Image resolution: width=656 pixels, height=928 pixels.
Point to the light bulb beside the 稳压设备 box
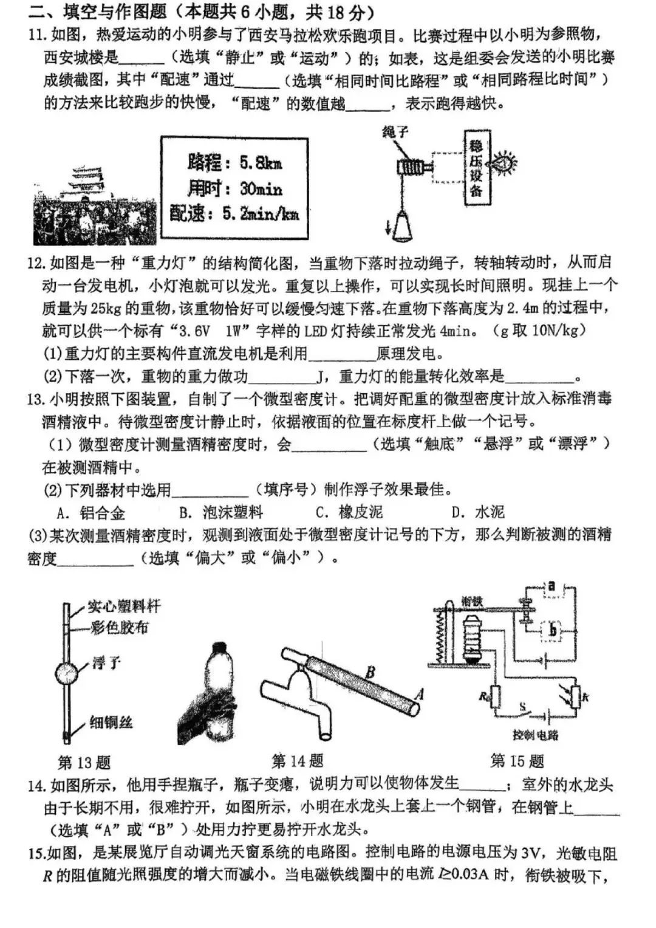(504, 163)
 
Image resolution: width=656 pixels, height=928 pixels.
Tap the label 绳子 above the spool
(395, 132)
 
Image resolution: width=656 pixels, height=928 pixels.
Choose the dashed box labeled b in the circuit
(552, 630)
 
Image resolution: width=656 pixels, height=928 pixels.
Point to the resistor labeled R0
(496, 696)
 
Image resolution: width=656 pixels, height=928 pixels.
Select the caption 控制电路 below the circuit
(535, 735)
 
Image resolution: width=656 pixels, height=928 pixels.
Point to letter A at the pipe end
(419, 694)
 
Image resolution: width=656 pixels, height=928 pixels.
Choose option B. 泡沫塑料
(221, 512)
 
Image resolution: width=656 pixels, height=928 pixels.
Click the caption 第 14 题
(298, 760)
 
